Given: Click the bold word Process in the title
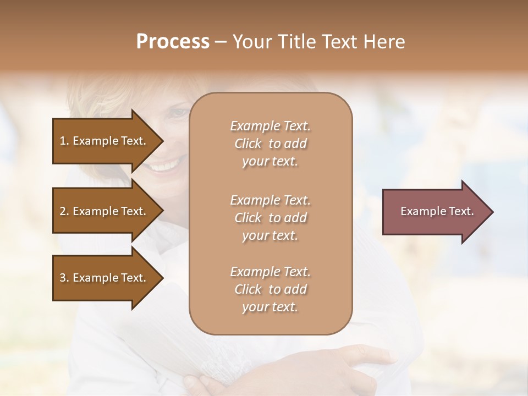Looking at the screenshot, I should [173, 41].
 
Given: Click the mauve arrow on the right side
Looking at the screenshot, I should [435, 212].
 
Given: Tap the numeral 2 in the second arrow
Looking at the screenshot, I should [63, 211].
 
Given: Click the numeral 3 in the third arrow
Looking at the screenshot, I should [63, 278].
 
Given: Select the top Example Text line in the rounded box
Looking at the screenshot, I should [270, 126].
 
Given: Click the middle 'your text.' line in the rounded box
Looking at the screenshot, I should [270, 235].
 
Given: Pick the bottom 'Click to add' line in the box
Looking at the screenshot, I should [270, 289].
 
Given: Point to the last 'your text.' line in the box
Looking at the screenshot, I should [270, 307].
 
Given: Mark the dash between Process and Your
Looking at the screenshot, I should [221, 42].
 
